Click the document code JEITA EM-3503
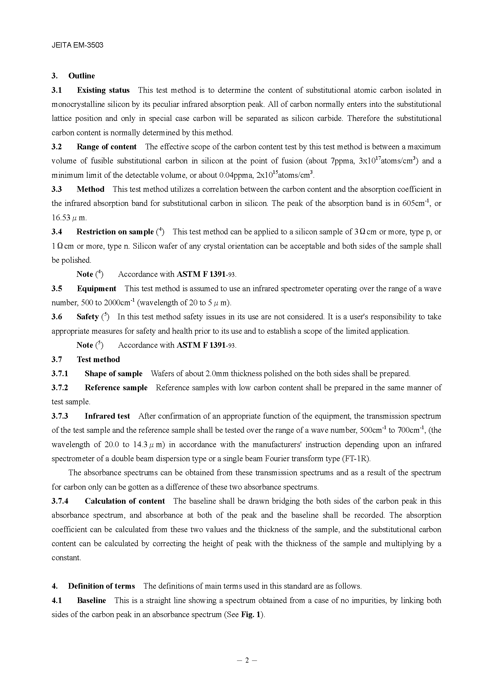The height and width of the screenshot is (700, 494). [x=77, y=45]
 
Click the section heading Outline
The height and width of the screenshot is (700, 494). [x=82, y=76]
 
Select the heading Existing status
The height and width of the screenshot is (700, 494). [x=103, y=90]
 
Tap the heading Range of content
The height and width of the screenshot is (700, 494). [x=106, y=147]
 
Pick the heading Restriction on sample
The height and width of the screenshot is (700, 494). [x=115, y=232]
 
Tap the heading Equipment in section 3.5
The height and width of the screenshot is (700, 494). [x=97, y=289]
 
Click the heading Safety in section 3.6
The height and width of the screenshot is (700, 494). [x=88, y=317]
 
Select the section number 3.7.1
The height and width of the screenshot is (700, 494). [x=60, y=374]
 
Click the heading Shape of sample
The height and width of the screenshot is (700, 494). [x=114, y=374]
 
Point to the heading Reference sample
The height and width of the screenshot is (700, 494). [x=116, y=388]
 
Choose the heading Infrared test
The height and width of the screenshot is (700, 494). [x=107, y=416]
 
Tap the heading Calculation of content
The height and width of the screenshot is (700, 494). [x=125, y=501]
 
